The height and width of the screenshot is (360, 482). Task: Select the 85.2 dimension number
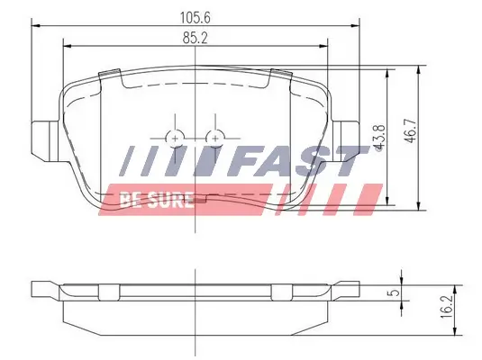(x=195, y=37)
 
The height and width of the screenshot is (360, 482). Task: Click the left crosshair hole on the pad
(x=177, y=136)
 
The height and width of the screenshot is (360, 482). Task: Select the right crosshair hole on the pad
(x=214, y=136)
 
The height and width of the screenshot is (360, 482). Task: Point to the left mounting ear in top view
(x=43, y=139)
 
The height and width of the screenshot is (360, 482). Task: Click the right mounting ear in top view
(x=349, y=139)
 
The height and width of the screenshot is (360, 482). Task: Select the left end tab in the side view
(x=43, y=289)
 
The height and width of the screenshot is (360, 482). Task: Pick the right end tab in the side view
(x=349, y=289)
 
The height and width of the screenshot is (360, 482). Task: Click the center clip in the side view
(x=196, y=290)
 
